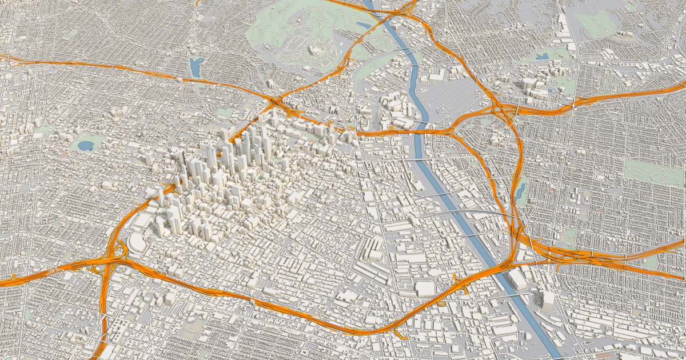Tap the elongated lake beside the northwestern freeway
click(x=196, y=66)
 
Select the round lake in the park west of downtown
click(x=85, y=145)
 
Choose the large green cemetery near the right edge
click(x=652, y=171)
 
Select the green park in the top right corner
click(x=595, y=23)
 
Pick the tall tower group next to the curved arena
click(x=171, y=217)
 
